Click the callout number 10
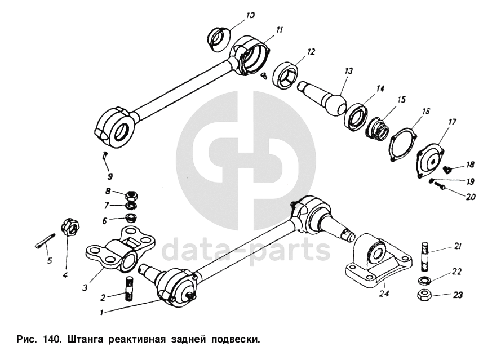[250, 15]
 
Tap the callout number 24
[384, 294]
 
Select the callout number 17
[452, 122]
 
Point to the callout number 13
[349, 71]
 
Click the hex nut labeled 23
[423, 295]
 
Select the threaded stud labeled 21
[423, 256]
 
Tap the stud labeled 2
[129, 289]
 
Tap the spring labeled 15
[378, 128]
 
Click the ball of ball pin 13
[335, 106]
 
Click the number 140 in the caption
[50, 339]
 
